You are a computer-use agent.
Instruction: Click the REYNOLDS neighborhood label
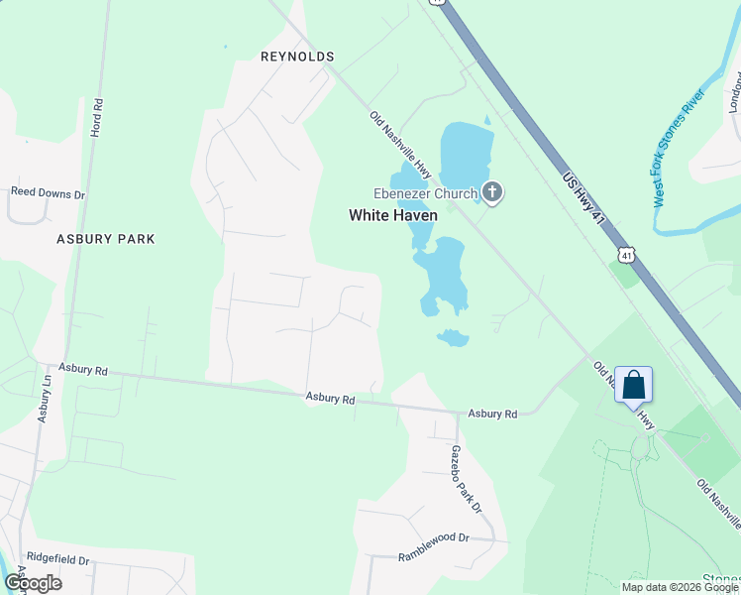297,57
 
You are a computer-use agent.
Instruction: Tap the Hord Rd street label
97,117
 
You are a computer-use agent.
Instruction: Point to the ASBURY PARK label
106,239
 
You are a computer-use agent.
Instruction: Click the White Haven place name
392,215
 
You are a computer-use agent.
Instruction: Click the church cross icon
492,192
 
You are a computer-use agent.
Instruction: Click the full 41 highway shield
626,256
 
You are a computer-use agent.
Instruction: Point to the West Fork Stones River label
678,148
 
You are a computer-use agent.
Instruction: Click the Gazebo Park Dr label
465,479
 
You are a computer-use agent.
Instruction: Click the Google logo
32,583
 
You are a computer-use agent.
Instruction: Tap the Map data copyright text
680,587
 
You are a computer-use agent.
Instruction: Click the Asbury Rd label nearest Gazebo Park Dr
493,414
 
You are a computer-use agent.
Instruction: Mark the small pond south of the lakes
453,338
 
